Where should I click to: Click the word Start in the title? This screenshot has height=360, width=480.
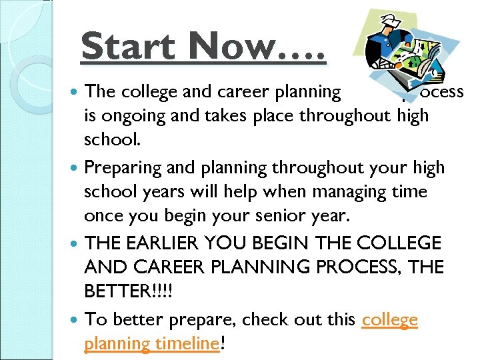point(128,47)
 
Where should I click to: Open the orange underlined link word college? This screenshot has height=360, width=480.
point(389,320)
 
